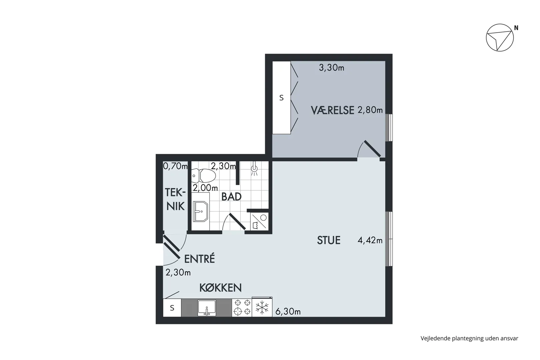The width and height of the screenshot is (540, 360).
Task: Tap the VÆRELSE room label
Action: tap(332, 110)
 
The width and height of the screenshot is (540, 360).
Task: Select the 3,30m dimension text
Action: tap(331, 68)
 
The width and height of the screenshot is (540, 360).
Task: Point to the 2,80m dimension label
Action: tap(370, 110)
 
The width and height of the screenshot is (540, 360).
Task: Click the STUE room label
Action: tap(329, 240)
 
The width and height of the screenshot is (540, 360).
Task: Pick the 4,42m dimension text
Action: tap(370, 240)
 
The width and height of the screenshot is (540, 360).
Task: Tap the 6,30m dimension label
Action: tap(288, 312)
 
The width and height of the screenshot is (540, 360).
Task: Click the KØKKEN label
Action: tap(220, 288)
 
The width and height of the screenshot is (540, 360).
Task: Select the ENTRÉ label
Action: tap(199, 259)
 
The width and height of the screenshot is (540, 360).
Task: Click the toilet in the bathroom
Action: tap(203, 176)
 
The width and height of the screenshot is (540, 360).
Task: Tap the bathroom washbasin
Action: tap(200, 211)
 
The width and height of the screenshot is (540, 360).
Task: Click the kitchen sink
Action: tap(207, 308)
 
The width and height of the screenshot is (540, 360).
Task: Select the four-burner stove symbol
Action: tap(242, 308)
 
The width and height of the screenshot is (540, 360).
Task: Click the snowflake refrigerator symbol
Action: tap(262, 308)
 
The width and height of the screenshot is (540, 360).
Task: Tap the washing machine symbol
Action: tap(259, 222)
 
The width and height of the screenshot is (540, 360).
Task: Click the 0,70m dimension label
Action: tap(175, 166)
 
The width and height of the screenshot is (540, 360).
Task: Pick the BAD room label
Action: tap(231, 197)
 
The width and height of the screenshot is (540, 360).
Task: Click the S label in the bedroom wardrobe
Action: tap(281, 98)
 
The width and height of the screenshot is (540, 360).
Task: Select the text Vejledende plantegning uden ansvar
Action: tap(469, 338)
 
